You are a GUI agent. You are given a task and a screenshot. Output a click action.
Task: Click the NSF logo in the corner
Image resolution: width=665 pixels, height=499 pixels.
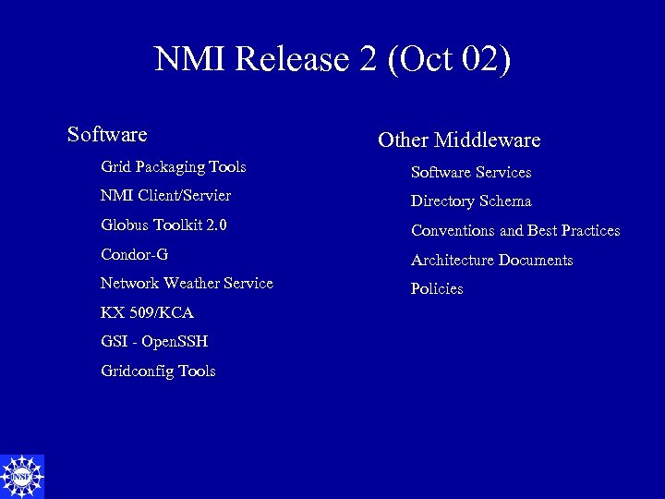coord(22,476)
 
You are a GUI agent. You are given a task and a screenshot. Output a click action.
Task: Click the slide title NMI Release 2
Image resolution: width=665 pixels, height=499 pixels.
coord(332,59)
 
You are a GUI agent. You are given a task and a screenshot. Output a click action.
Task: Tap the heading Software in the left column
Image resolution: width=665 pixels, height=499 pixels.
coord(107,135)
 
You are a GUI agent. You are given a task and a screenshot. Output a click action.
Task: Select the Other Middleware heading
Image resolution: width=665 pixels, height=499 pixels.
coord(459,140)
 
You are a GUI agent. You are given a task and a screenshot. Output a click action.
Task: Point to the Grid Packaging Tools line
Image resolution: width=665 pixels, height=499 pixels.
coord(173,167)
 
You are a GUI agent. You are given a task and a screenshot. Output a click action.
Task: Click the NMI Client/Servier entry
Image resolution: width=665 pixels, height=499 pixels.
coord(165,196)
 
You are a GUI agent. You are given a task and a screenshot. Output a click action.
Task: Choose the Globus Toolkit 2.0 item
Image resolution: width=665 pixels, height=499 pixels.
coord(163,225)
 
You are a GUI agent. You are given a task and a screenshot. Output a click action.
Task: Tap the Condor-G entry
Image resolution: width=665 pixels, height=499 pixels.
coord(134,254)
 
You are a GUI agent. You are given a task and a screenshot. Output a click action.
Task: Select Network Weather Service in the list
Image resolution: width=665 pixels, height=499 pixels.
coord(187,283)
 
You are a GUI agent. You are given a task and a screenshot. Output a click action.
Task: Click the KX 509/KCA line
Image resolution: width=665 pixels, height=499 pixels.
coord(147,312)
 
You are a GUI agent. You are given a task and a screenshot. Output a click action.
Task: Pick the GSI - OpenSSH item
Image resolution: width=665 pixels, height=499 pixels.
coord(154,342)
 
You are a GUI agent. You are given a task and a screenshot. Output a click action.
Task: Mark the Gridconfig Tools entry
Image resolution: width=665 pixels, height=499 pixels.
coord(158,371)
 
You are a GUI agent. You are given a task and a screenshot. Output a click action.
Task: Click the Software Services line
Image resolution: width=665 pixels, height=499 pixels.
coord(471,173)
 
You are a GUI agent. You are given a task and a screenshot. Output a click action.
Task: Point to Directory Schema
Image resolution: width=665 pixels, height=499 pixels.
coord(471,201)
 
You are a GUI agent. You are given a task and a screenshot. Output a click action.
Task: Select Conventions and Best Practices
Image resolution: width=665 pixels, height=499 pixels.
coord(515,231)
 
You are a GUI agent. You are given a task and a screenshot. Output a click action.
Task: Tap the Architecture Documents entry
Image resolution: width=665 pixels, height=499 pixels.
coord(491,261)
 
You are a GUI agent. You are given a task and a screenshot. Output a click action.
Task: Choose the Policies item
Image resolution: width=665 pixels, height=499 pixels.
coord(437,289)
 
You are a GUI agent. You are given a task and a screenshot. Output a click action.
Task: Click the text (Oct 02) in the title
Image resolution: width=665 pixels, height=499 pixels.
coord(450,59)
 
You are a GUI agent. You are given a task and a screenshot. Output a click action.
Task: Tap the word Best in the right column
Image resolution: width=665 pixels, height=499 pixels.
coord(542,231)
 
